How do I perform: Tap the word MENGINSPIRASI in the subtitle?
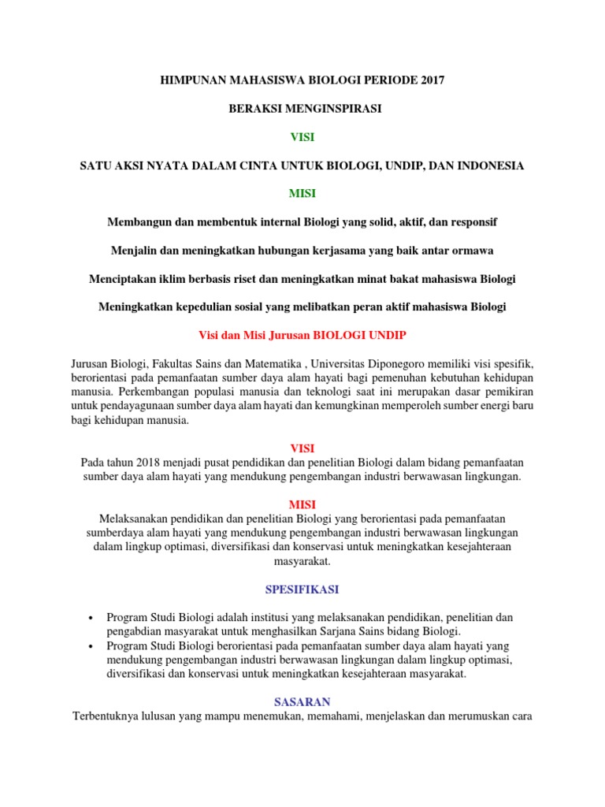click(x=336, y=109)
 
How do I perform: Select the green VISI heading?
click(x=302, y=137)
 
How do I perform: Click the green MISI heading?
click(x=302, y=194)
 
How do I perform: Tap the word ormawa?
click(x=471, y=251)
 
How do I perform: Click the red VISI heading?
click(x=302, y=448)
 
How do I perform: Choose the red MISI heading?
click(x=302, y=504)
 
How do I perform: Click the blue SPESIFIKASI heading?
click(x=302, y=589)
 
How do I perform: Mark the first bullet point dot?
click(x=92, y=618)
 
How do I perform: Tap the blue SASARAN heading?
click(x=302, y=701)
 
